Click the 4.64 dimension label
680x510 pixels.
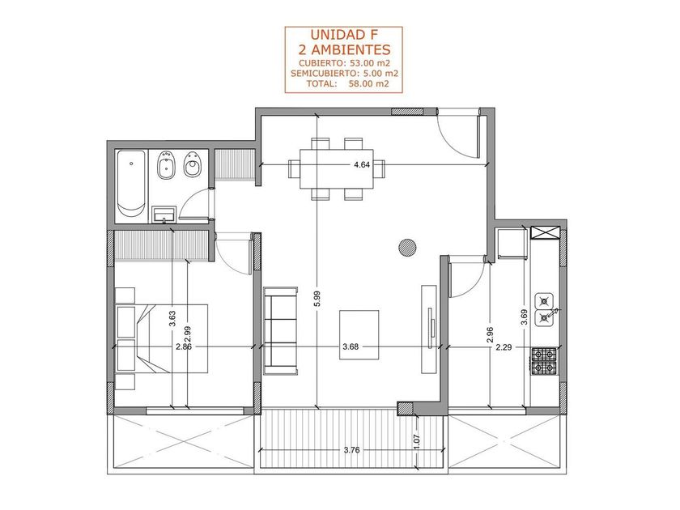click(362, 165)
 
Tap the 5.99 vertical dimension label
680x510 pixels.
click(317, 299)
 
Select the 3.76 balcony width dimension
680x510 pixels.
click(351, 450)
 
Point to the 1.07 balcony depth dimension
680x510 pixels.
click(417, 441)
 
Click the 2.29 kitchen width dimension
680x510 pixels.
click(504, 347)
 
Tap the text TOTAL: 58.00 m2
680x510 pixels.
click(347, 84)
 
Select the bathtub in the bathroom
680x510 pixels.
click(131, 186)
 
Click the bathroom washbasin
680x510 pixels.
click(164, 215)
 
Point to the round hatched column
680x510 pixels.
click(407, 248)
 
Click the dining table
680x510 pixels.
click(337, 168)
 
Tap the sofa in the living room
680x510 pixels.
click(281, 331)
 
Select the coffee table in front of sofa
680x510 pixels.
click(359, 335)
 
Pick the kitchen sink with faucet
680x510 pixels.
click(546, 309)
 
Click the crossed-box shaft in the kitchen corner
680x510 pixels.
click(545, 232)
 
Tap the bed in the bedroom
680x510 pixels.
click(162, 338)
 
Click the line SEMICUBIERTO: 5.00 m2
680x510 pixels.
click(345, 74)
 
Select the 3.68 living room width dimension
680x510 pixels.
click(351, 347)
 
